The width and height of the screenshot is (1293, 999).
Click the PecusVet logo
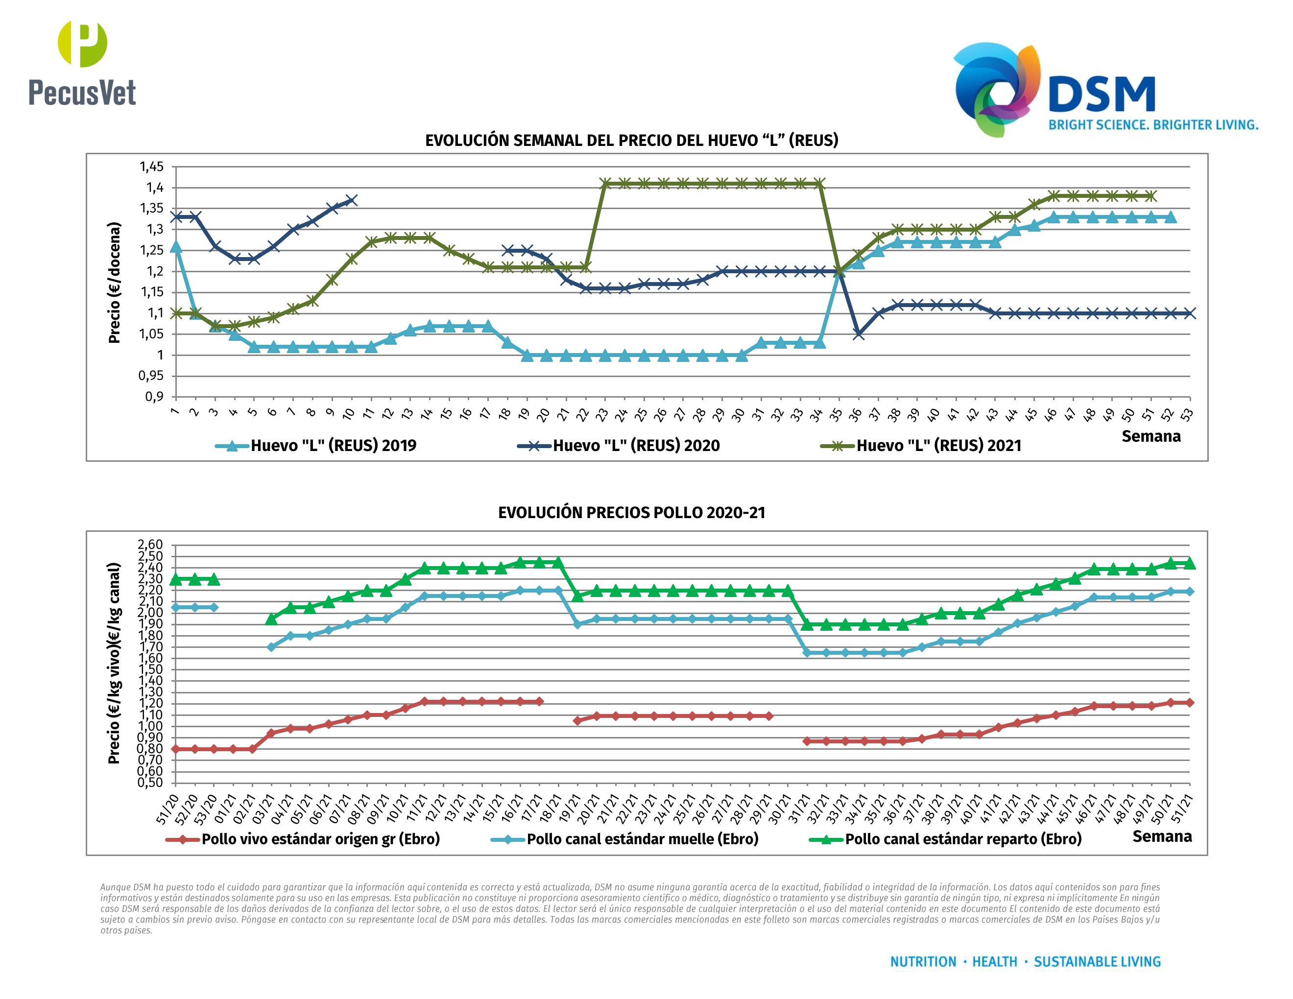tap(82, 64)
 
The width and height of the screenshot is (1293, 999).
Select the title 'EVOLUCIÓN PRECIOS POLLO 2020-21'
tap(632, 513)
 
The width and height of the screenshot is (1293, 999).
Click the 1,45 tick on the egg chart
tap(151, 167)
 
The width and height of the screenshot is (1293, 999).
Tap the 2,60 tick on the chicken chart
tap(150, 545)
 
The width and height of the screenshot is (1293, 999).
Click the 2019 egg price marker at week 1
tap(176, 247)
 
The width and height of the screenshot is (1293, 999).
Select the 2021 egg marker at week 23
tap(605, 184)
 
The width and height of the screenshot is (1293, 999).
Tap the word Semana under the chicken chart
tap(1162, 836)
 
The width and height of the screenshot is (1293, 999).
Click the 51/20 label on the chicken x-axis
tap(168, 809)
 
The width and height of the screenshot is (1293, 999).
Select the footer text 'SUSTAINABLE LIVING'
tap(1097, 962)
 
